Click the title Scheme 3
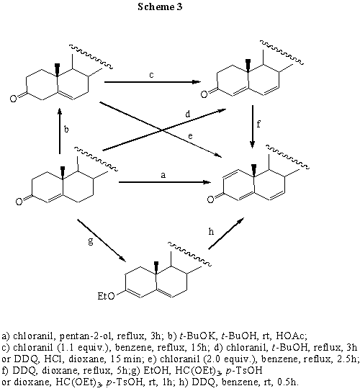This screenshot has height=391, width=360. [160, 6]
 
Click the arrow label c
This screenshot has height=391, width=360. [151, 75]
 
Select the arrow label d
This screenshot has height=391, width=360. [188, 114]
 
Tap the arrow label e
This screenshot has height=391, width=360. [191, 136]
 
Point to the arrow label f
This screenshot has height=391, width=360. [258, 123]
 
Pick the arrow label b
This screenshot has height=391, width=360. [66, 129]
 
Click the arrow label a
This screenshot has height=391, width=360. [163, 175]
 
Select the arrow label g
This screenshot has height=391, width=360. [91, 241]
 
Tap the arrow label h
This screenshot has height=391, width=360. [211, 232]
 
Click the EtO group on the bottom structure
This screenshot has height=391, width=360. [107, 296]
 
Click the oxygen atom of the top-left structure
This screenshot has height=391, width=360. [14, 98]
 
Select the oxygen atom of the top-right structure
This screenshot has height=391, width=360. [204, 94]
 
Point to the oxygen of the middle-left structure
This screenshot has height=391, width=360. [19, 202]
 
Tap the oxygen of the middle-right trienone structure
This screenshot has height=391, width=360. [211, 199]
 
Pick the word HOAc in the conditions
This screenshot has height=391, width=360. [291, 336]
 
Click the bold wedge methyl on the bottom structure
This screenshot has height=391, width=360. [156, 266]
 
